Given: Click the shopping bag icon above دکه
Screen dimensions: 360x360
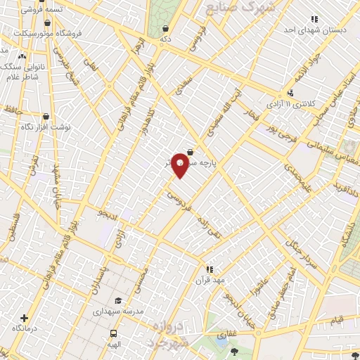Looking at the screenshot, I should pyautogui.click(x=165, y=29).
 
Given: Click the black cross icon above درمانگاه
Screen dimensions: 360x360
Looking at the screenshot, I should pyautogui.click(x=25, y=318).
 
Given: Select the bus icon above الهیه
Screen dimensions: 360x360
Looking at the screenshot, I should pyautogui.click(x=112, y=333).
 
